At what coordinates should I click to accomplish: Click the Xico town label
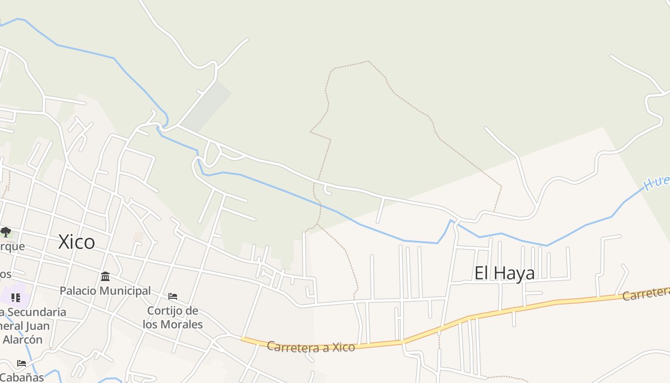pos(77,242)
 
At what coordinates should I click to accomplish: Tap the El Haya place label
pos(504,273)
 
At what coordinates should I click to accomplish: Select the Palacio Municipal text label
pos(105,291)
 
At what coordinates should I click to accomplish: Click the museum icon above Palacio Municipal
pos(105,277)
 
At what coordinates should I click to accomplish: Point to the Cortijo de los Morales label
pos(172,317)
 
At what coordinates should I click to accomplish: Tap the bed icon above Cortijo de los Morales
pos(173,297)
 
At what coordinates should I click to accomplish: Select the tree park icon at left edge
pos(6,233)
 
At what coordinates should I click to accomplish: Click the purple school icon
pos(16,298)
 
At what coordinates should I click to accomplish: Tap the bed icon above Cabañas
pos(22,363)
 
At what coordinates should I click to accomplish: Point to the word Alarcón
pos(22,339)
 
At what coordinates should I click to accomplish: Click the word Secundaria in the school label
pos(36,312)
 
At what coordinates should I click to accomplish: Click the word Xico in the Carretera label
pos(344,347)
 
